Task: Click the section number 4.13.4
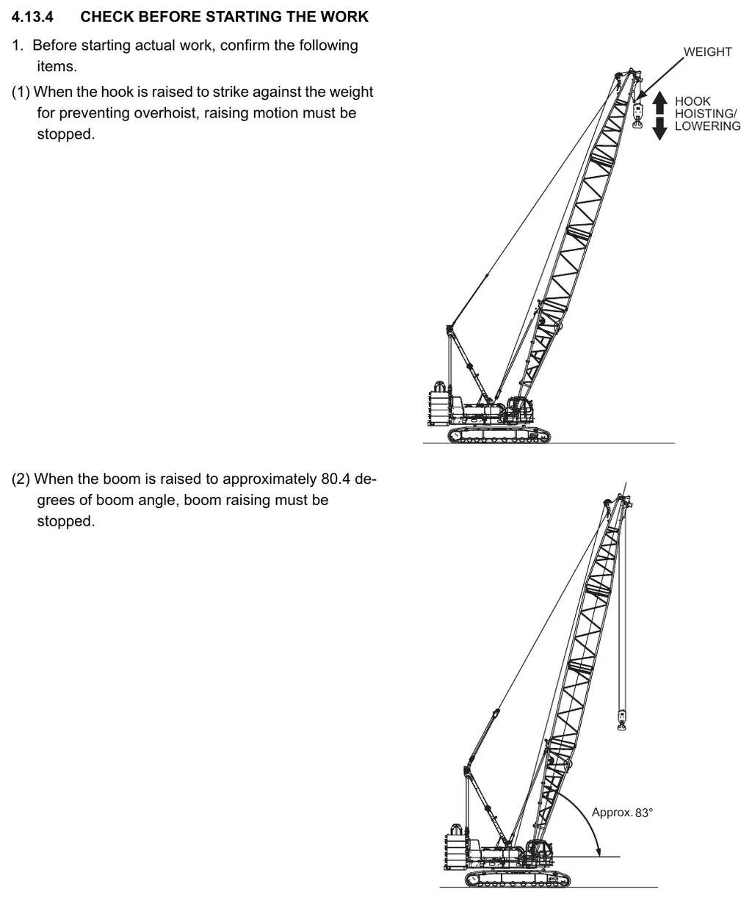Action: [32, 17]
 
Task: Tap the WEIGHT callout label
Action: [708, 51]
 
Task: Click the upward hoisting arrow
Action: [659, 104]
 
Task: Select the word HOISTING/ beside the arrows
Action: [706, 114]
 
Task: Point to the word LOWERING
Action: [708, 126]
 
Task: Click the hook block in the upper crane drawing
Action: [637, 115]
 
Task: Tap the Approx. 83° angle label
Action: [622, 813]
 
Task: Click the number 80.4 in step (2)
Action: [335, 479]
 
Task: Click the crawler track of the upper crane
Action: [499, 435]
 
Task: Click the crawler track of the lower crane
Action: [518, 879]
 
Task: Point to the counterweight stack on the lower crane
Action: [456, 852]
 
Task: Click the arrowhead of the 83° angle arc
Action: [598, 852]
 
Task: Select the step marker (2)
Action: [21, 479]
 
